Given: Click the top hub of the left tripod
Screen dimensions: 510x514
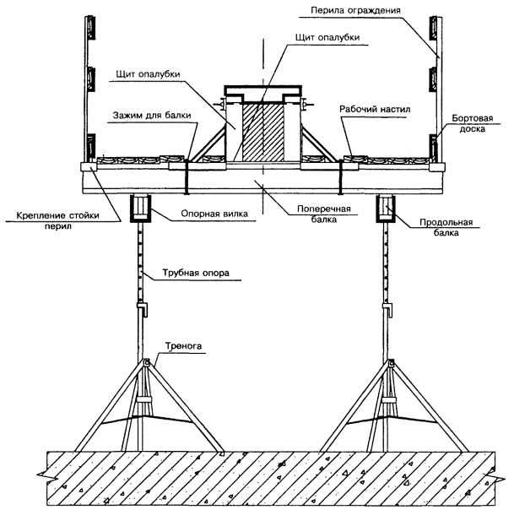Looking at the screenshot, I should (146, 362).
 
